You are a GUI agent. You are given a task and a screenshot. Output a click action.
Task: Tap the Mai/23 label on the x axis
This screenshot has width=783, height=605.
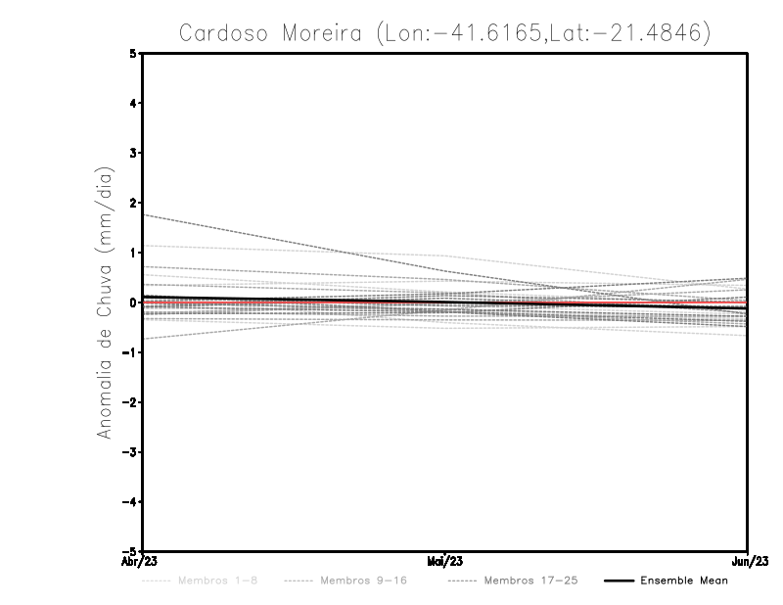(x=445, y=562)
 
